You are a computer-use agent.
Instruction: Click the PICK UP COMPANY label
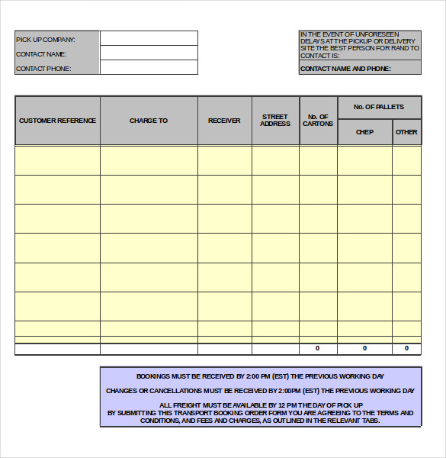pos(46,39)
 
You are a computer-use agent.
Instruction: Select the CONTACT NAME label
pos(41,54)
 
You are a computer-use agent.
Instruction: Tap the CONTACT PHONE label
pos(43,69)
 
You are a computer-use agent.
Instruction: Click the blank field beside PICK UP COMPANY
pos(149,38)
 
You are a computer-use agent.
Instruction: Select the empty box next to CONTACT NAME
pos(149,53)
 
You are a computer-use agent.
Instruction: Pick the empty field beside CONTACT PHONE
pos(149,67)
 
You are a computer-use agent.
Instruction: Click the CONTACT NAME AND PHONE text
pos(345,69)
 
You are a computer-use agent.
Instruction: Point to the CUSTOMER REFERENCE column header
pos(58,121)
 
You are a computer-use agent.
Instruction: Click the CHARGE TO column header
pos(149,121)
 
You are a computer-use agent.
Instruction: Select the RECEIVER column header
pos(224,121)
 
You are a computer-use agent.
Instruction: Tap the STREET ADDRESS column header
pos(275,121)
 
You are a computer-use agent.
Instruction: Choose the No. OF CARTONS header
pos(318,121)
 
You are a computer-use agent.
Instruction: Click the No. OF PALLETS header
pos(379,107)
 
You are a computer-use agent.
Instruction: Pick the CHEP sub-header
pos(364,132)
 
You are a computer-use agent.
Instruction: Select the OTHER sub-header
pos(406,132)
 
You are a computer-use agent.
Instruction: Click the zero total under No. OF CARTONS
pos(318,348)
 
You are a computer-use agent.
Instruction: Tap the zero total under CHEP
pos(364,348)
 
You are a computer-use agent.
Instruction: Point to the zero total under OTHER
pos(406,348)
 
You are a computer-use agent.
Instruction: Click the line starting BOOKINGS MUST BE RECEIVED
pos(260,376)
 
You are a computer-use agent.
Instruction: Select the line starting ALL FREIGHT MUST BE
pos(261,405)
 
